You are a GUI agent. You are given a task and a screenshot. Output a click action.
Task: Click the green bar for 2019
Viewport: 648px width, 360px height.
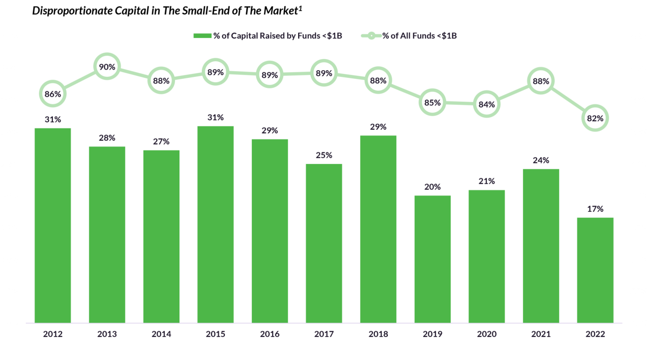(432, 259)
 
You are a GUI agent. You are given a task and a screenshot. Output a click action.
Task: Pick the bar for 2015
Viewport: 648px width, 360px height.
(215, 224)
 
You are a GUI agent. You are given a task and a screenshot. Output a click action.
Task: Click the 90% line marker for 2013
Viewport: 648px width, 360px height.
(107, 67)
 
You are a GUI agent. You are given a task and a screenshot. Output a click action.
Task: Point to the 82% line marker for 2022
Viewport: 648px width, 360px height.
(595, 119)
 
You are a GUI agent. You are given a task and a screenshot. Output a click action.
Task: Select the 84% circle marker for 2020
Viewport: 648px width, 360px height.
(486, 104)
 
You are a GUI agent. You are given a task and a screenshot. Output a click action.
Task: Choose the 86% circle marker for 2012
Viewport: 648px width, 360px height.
(53, 93)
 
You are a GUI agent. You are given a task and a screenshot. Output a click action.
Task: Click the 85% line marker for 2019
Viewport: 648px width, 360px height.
(432, 102)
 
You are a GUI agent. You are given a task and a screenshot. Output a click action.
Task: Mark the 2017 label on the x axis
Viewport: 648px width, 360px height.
(324, 334)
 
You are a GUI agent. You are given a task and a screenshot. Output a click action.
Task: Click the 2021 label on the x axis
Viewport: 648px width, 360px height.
(541, 334)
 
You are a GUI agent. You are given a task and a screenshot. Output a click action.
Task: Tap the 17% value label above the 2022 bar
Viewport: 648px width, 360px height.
(595, 209)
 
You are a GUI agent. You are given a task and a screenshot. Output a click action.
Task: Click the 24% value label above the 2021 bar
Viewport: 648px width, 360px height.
(541, 161)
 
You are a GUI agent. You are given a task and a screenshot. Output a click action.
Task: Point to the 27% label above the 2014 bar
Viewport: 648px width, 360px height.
(161, 142)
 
